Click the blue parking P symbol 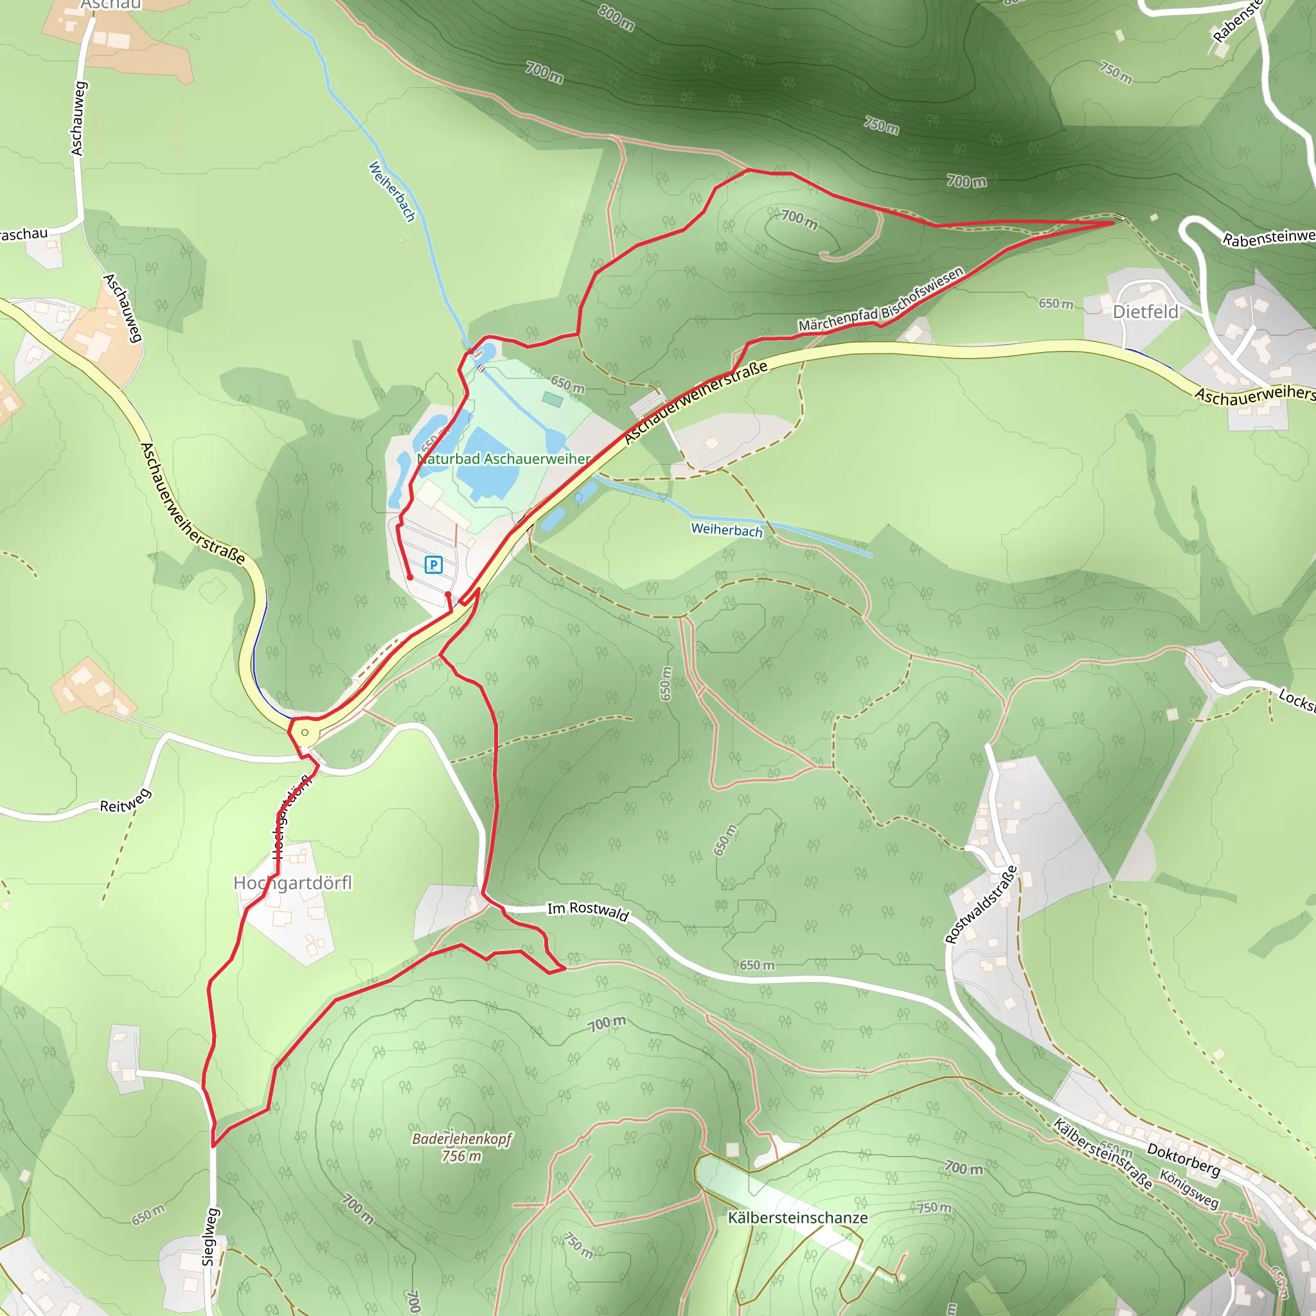(433, 565)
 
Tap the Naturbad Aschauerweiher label (503, 459)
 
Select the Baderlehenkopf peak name (462, 1139)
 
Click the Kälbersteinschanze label (797, 1218)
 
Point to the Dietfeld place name (1145, 312)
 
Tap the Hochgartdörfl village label (293, 883)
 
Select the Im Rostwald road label (587, 911)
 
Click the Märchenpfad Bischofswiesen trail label (881, 299)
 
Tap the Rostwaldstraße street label (981, 905)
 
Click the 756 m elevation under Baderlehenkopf (461, 1156)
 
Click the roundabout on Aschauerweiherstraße (305, 733)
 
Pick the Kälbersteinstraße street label (1102, 1154)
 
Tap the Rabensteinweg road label (1268, 238)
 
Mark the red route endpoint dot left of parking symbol (410, 577)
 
